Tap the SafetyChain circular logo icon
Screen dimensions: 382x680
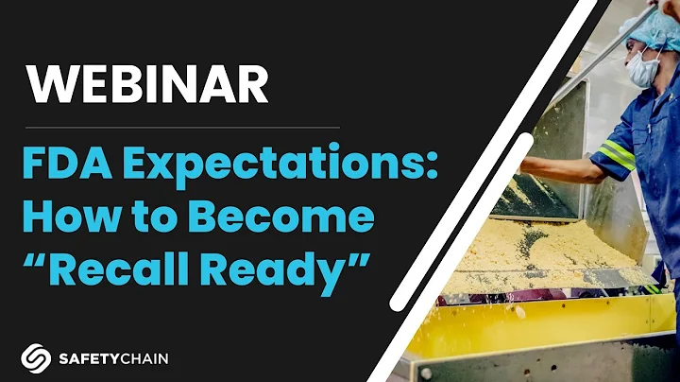click(x=34, y=358)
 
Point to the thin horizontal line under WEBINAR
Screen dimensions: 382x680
click(x=179, y=126)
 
